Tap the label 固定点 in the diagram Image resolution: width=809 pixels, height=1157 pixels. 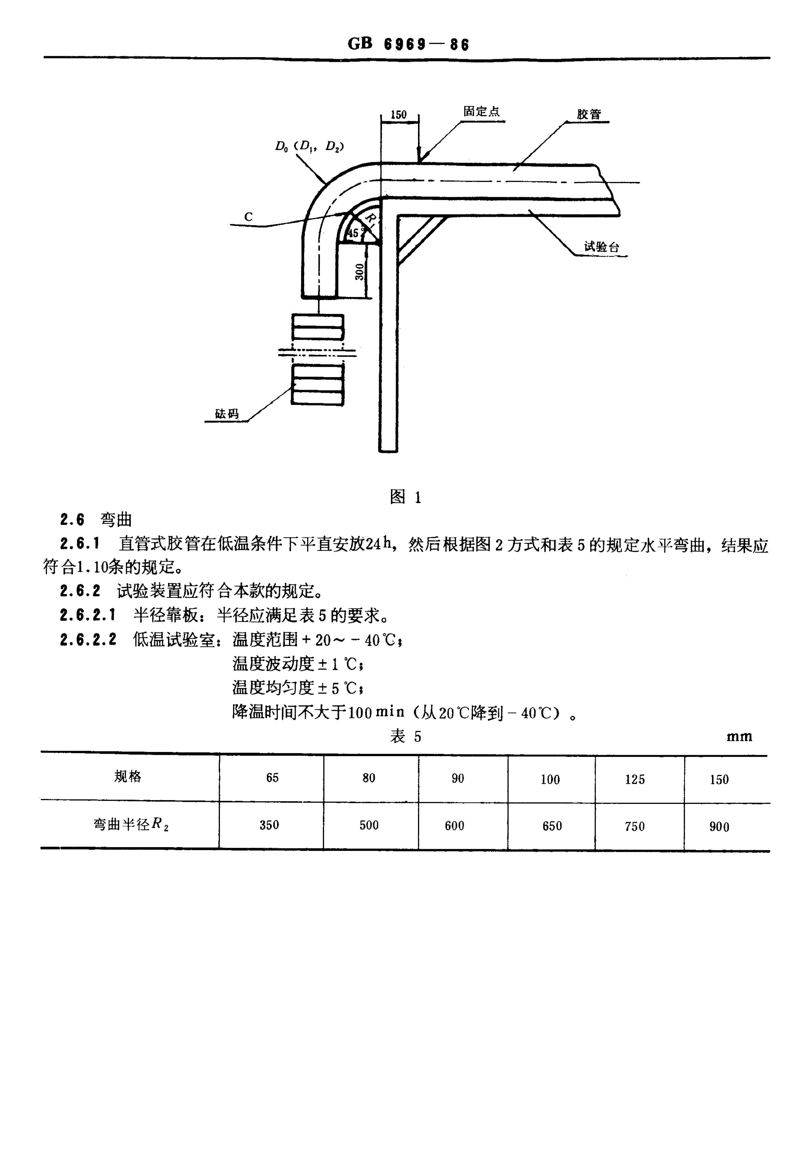(x=482, y=111)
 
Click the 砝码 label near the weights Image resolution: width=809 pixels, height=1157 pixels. (x=227, y=414)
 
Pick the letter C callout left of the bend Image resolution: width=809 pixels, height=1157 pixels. (x=248, y=217)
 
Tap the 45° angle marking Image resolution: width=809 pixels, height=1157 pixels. (x=354, y=233)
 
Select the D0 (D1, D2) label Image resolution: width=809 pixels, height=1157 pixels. (x=310, y=146)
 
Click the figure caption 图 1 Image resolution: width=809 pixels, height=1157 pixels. (x=406, y=497)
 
